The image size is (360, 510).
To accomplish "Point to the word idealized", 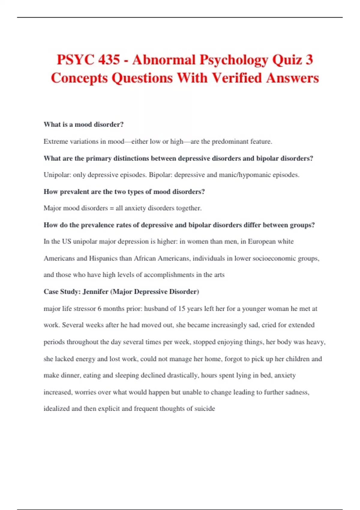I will tap(57, 408).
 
